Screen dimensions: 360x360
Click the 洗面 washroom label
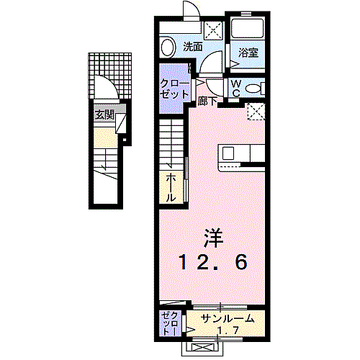tap(192, 46)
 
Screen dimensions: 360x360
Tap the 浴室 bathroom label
tap(248, 52)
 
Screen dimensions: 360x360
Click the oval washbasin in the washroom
tap(168, 48)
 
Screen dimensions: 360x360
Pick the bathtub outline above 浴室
tap(247, 29)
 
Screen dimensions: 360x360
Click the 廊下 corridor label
tap(207, 102)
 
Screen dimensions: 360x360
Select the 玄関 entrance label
tap(104, 114)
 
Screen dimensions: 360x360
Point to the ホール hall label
tap(171, 186)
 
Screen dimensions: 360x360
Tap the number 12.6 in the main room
tap(215, 263)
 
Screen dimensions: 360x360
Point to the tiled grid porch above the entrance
tap(111, 73)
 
